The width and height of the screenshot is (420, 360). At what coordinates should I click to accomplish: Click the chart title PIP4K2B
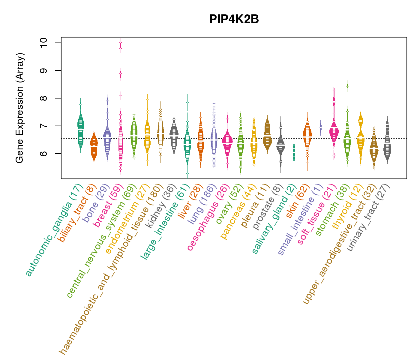click(x=234, y=19)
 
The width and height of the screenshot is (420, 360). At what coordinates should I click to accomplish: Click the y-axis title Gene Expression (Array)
click(x=20, y=108)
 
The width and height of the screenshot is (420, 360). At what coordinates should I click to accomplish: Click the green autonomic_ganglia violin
click(x=80, y=126)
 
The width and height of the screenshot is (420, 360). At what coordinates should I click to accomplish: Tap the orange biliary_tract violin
click(x=94, y=147)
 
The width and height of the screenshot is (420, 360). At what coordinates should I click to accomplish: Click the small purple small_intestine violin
click(x=320, y=127)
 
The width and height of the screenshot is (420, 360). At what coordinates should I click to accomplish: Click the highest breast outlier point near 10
click(x=121, y=42)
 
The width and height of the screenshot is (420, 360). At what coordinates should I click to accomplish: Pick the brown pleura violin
click(x=267, y=135)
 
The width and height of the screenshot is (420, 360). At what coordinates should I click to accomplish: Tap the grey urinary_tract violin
click(x=387, y=147)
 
